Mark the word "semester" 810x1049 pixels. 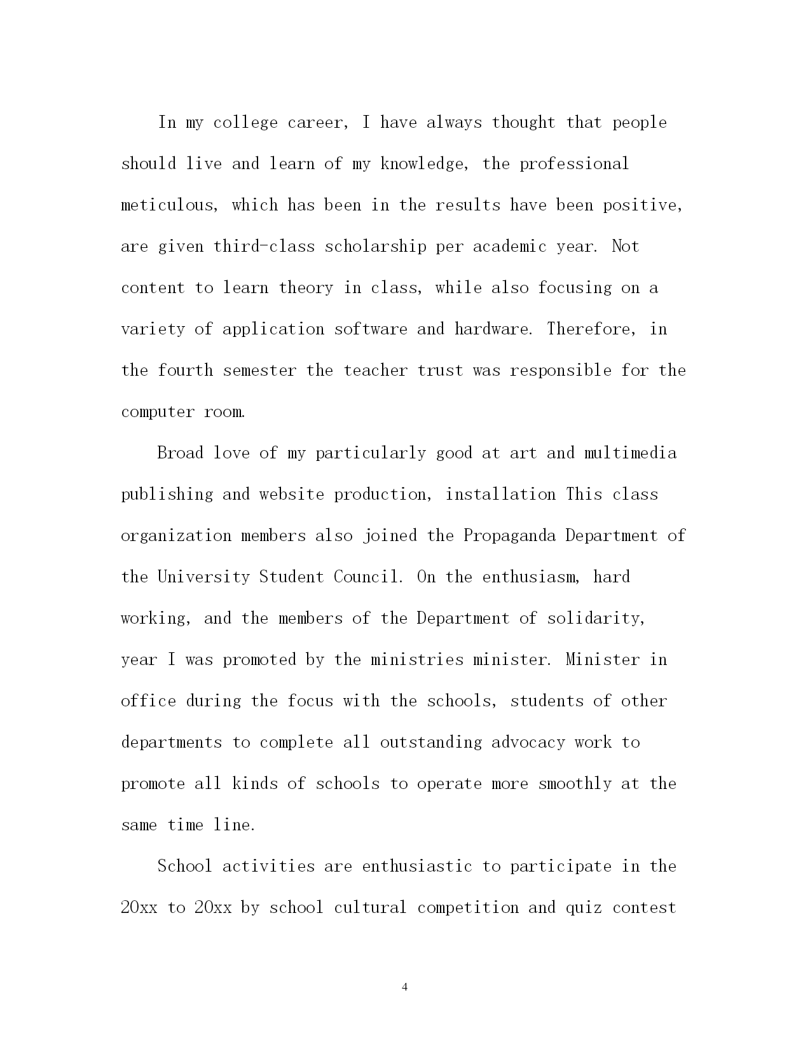click(x=259, y=371)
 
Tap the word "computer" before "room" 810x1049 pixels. click(x=158, y=412)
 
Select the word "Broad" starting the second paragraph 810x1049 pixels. click(x=180, y=453)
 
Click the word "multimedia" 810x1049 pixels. click(x=630, y=453)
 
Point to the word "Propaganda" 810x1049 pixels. click(x=509, y=536)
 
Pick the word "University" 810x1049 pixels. click(x=203, y=577)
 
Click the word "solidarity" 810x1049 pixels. click(x=596, y=619)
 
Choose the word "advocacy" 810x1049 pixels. click(x=528, y=743)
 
